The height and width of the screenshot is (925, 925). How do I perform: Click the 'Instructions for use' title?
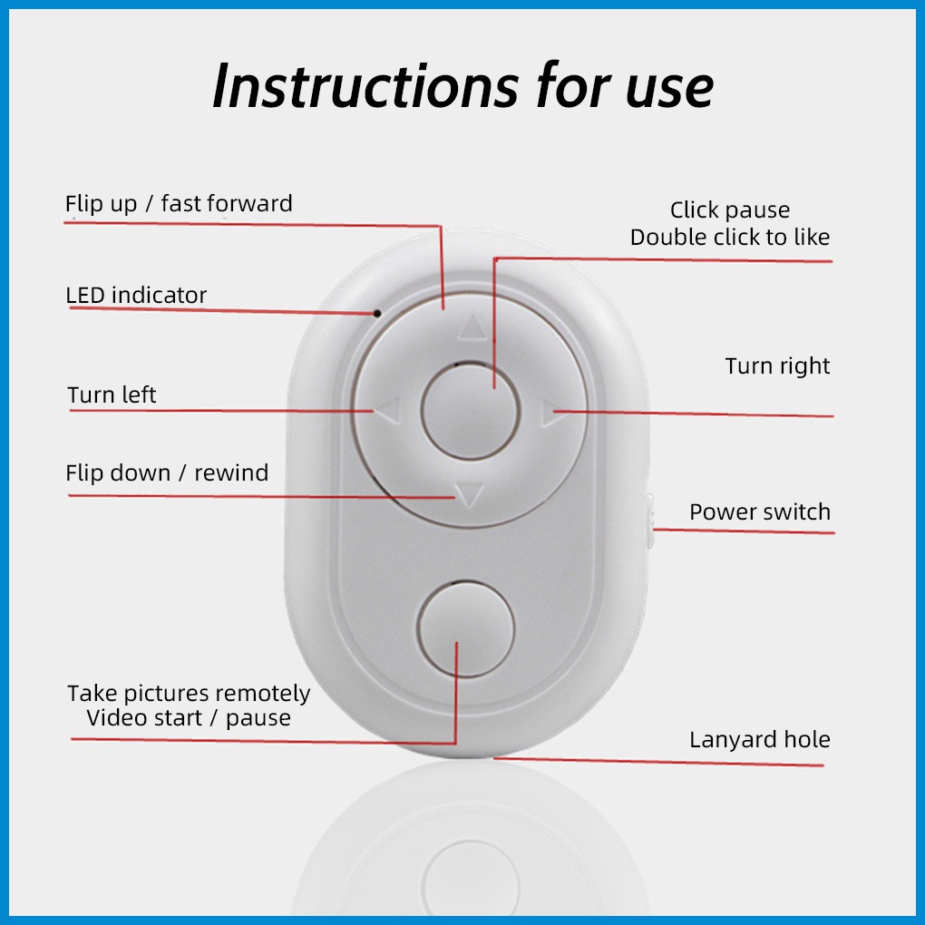(462, 87)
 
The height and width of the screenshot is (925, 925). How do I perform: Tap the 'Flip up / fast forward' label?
(179, 204)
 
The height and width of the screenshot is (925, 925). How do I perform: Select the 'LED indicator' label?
(136, 296)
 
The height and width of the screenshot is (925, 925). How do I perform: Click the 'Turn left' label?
(112, 395)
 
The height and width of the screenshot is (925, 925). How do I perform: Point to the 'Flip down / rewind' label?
(167, 473)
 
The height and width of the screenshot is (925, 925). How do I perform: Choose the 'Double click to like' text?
(730, 238)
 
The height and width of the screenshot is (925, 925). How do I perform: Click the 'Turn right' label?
(777, 366)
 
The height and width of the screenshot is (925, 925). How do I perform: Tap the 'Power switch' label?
(759, 512)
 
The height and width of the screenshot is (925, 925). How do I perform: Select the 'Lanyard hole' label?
(759, 740)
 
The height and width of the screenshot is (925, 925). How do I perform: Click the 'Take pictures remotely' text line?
(189, 694)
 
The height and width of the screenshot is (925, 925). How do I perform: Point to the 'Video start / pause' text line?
(189, 718)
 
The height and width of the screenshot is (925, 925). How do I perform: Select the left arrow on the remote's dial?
(387, 414)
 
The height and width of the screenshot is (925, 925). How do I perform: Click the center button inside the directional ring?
(470, 411)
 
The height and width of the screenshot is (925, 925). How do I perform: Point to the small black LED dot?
(376, 314)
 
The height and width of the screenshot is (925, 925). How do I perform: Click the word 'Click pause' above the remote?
(730, 210)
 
